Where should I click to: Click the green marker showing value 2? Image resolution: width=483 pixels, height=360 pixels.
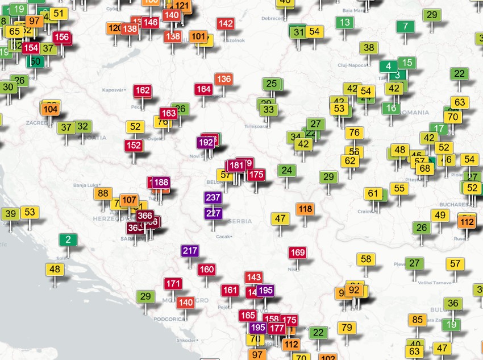pyautogui.click(x=68, y=239)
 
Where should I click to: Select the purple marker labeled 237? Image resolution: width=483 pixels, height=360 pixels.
pyautogui.click(x=213, y=198)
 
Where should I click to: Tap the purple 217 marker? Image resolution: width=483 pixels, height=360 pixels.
pyautogui.click(x=190, y=250)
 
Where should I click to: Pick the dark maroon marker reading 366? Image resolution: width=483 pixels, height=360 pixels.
pyautogui.click(x=145, y=216)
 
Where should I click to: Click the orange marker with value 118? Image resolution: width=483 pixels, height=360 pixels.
pyautogui.click(x=305, y=209)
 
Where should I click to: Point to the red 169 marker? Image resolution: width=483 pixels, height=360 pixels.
pyautogui.click(x=297, y=252)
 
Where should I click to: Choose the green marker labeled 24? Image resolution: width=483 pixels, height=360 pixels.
pyautogui.click(x=286, y=170)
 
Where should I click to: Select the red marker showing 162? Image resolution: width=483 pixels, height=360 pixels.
pyautogui.click(x=143, y=90)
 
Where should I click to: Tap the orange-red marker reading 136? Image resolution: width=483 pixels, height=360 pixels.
pyautogui.click(x=223, y=79)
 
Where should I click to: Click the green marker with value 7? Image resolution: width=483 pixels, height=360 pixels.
pyautogui.click(x=405, y=26)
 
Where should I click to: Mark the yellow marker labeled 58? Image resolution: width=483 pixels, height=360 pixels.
pyautogui.click(x=366, y=259)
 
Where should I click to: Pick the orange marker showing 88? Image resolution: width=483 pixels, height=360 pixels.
pyautogui.click(x=103, y=193)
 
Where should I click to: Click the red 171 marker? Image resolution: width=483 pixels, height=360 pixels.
pyautogui.click(x=173, y=283)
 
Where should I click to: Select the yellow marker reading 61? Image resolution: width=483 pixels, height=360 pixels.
pyautogui.click(x=373, y=193)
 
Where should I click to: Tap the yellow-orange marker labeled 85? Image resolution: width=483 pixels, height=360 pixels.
pyautogui.click(x=418, y=320)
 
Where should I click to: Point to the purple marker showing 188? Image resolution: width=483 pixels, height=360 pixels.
pyautogui.click(x=161, y=182)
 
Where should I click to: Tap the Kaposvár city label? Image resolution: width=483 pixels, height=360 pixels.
pyautogui.click(x=113, y=90)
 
